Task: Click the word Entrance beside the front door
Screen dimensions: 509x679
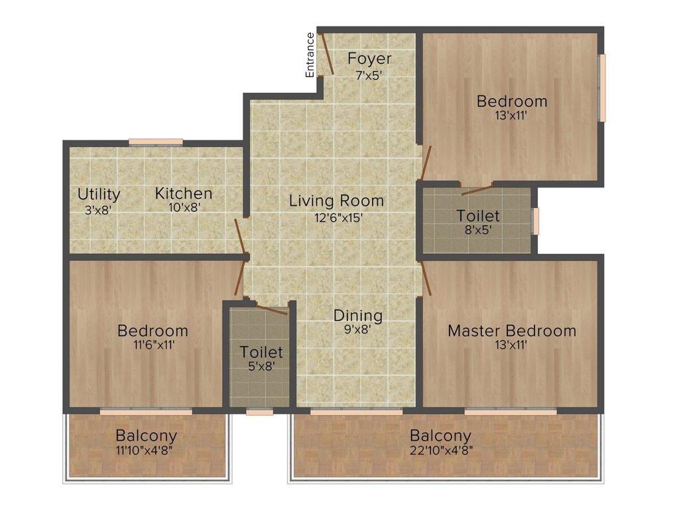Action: [x=310, y=55]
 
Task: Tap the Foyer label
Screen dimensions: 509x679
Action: [x=369, y=58]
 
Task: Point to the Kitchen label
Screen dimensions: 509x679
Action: [x=184, y=194]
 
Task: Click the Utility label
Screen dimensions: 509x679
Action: [x=99, y=194]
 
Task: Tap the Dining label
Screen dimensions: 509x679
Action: [x=357, y=315]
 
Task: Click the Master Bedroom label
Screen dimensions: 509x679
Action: [x=512, y=331]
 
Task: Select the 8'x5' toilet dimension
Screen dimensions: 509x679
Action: [x=477, y=231]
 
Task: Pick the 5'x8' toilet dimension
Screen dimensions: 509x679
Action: [x=261, y=367]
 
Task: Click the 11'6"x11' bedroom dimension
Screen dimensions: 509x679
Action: [x=152, y=345]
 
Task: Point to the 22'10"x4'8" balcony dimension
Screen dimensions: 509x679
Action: [x=440, y=451]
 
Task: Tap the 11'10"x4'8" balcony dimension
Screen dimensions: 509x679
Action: [x=146, y=451]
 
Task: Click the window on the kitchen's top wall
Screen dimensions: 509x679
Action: [x=155, y=141]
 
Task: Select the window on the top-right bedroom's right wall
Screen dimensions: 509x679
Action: [x=602, y=87]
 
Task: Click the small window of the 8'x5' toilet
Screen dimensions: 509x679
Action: [x=536, y=221]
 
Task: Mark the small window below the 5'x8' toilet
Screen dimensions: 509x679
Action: [x=259, y=412]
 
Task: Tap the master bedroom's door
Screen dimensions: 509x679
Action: [x=426, y=278]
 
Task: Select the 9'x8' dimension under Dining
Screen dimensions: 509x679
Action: [x=357, y=329]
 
